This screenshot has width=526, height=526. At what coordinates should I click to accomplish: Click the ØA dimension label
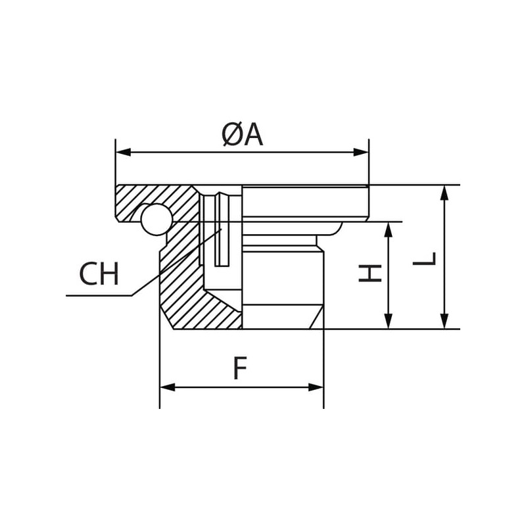(242, 135)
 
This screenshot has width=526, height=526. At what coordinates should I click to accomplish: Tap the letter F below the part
(240, 370)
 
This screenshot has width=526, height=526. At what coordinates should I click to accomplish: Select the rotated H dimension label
(370, 272)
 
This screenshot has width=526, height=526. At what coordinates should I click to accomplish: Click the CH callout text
(99, 275)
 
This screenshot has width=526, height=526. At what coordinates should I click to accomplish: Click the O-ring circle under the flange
(156, 220)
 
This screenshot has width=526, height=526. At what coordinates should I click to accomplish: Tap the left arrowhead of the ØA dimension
(123, 153)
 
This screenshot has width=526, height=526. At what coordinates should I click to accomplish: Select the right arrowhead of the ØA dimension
(361, 153)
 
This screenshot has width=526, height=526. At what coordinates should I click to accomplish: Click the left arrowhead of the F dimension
(167, 387)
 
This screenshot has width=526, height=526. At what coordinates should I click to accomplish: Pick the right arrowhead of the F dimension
(316, 387)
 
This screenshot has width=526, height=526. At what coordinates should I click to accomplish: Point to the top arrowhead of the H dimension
(389, 229)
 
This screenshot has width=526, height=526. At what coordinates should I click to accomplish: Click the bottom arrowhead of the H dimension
(389, 322)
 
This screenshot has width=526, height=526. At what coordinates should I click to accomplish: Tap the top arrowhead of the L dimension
(444, 193)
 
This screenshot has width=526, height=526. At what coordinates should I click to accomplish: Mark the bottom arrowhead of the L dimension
(444, 322)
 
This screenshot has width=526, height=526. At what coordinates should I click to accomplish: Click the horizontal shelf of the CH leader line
(99, 296)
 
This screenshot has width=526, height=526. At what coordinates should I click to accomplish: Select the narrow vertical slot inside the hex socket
(222, 230)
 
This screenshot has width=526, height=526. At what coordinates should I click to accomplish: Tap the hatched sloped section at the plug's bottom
(197, 309)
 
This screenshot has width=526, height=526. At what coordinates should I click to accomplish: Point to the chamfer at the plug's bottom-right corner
(316, 317)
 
